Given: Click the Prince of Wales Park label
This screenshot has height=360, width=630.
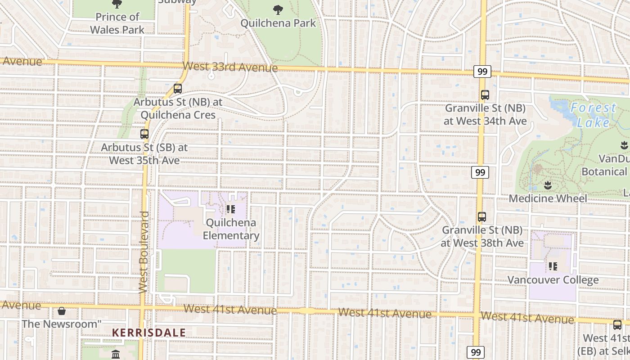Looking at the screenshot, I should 117,23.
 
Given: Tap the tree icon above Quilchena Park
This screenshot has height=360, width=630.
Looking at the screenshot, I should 278,9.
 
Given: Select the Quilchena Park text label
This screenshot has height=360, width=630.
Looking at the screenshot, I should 278,23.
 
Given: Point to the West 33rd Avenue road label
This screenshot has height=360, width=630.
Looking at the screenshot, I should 230,67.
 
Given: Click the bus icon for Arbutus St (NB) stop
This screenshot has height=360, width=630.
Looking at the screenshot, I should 178,88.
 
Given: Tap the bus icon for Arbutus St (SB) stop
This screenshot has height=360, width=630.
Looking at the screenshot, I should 144,134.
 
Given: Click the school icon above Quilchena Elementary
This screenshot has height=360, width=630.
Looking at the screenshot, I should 231,209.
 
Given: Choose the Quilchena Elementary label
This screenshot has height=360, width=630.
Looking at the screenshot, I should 231,229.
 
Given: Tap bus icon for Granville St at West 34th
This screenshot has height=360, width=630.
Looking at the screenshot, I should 485,95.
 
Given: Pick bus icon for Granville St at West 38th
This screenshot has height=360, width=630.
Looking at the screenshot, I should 482,217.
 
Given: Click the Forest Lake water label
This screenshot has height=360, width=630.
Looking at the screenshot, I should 593,115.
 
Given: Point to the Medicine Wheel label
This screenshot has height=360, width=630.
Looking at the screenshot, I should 548,198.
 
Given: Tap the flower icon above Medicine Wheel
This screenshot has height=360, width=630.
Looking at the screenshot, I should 548,185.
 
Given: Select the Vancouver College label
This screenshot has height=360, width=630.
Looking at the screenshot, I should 553,280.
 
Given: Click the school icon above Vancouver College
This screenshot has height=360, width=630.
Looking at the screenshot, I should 553,266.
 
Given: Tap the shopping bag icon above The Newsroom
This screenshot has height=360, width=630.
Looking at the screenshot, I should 62,311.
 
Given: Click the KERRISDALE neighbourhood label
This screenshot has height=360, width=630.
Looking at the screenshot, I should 148,333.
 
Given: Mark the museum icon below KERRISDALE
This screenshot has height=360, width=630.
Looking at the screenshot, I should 116,354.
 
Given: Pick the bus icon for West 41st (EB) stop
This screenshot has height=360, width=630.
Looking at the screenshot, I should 617,324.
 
